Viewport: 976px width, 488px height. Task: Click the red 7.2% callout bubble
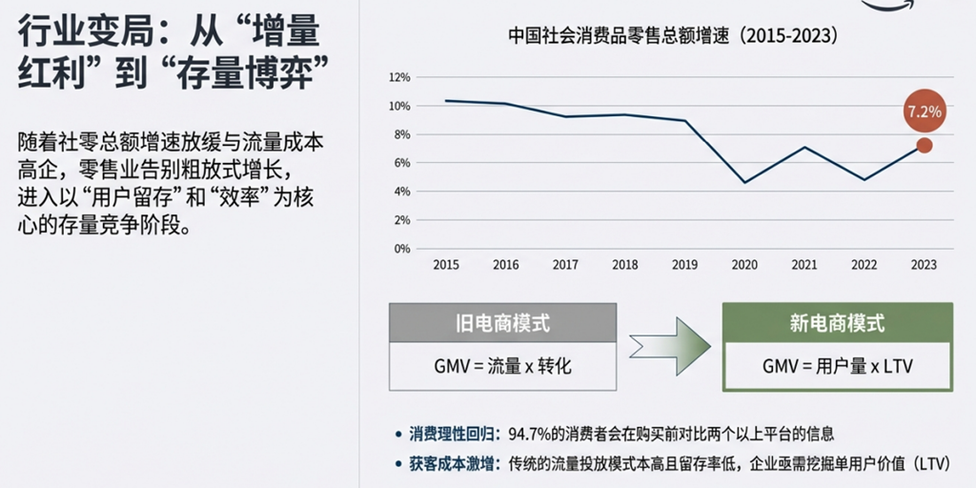(924, 112)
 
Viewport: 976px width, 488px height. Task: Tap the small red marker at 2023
(924, 145)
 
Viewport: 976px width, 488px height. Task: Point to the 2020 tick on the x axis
(744, 265)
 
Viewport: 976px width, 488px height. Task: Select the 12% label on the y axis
(399, 76)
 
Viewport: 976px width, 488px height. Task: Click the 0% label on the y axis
(401, 249)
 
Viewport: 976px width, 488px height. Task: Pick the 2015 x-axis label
(445, 265)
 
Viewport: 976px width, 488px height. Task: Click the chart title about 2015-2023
(673, 37)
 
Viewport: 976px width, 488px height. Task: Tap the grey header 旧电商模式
(502, 323)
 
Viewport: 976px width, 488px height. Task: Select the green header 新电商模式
(837, 323)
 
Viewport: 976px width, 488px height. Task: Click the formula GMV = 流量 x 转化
(502, 366)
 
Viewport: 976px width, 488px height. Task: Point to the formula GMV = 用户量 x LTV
(837, 366)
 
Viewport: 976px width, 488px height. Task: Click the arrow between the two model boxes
(670, 346)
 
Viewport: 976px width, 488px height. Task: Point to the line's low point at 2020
(744, 182)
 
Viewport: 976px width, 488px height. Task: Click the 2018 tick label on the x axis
(625, 265)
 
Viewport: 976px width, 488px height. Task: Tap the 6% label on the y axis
(401, 163)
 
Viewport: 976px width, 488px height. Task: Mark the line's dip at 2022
(864, 179)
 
